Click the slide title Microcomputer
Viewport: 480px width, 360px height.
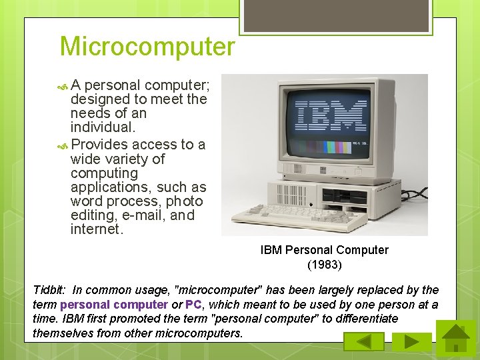(147, 47)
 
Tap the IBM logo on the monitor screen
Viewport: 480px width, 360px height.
(331, 116)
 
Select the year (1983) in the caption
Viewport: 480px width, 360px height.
(325, 265)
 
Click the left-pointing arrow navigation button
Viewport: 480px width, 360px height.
(363, 341)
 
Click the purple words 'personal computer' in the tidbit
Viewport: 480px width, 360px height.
(114, 305)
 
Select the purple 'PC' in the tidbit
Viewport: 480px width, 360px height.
(194, 305)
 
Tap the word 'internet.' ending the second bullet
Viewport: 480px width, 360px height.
(97, 230)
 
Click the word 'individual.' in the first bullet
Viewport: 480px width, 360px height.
(103, 127)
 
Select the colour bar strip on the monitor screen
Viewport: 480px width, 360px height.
(331, 145)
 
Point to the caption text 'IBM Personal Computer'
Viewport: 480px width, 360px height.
(325, 250)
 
